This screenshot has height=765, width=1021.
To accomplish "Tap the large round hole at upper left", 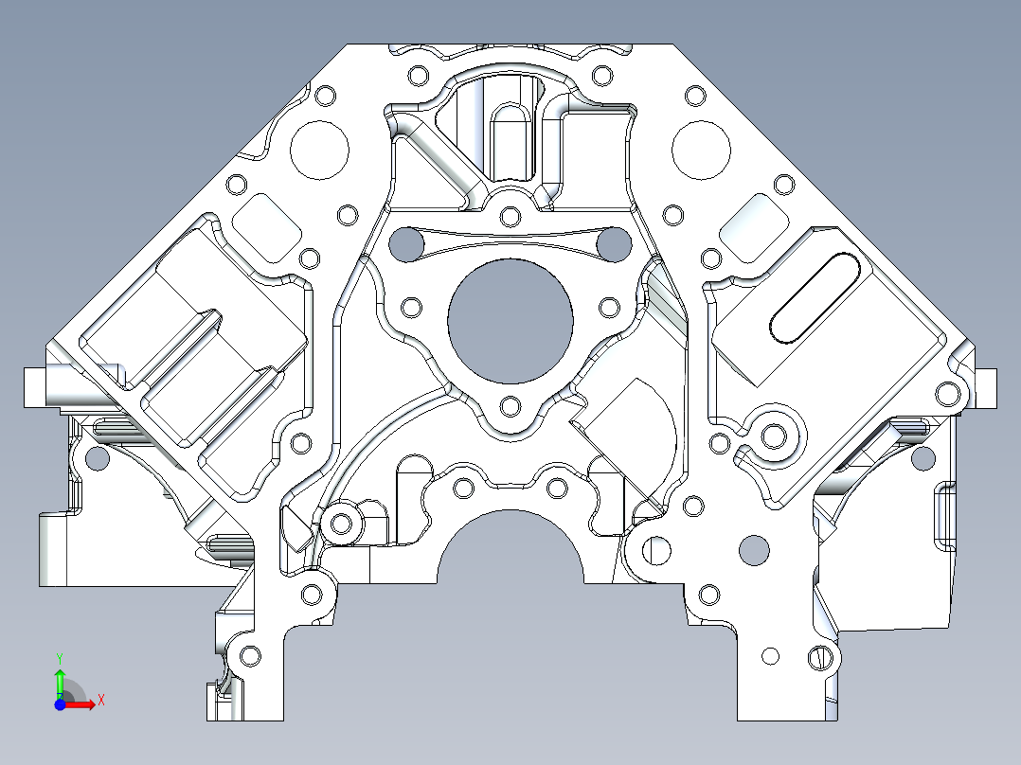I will (x=319, y=150).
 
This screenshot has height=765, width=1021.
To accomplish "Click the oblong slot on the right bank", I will (x=815, y=297).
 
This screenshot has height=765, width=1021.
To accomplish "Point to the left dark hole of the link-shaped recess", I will (x=407, y=244).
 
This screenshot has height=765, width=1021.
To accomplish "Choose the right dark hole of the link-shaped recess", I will (x=614, y=244).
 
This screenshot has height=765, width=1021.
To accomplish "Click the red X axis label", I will (x=100, y=701).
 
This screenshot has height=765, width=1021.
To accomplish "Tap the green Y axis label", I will (x=59, y=657).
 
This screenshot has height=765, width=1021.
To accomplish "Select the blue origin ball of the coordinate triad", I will (x=59, y=704).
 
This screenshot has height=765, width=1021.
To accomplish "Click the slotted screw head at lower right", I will (x=821, y=656).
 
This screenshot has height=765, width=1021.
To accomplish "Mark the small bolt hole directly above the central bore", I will (x=510, y=217).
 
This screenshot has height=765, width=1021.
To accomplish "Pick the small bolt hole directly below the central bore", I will (x=510, y=407).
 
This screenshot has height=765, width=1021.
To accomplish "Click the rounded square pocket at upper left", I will (x=266, y=225).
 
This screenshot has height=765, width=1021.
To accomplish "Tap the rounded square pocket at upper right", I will (x=754, y=226).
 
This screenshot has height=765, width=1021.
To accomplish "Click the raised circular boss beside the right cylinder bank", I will (x=774, y=436).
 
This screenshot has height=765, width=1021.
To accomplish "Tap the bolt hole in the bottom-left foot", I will (x=251, y=654).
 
